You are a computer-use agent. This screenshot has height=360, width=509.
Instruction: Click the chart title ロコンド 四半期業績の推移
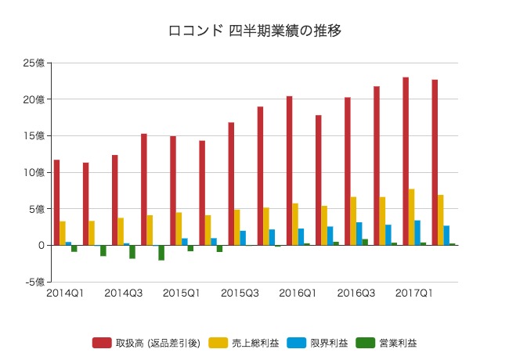tap(254, 31)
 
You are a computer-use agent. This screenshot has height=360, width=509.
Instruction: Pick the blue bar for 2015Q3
tap(243, 238)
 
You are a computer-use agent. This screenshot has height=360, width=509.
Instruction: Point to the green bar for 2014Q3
tap(132, 251)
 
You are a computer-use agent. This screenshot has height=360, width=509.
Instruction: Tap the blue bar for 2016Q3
tap(359, 233)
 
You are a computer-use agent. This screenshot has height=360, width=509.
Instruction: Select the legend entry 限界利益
tap(319, 343)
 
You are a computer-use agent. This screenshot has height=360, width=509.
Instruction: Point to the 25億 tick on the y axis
tap(34, 63)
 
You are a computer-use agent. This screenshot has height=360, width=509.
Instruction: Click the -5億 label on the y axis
tap(34, 282)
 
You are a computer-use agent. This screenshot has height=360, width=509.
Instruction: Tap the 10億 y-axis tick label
tap(34, 172)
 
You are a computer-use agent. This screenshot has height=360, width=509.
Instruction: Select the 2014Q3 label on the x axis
tap(124, 293)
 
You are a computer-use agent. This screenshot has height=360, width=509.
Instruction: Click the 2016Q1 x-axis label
tap(298, 293)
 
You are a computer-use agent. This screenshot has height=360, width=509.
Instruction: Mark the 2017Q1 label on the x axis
tap(413, 293)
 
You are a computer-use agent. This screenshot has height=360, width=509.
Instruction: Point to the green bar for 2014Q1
tap(74, 248)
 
